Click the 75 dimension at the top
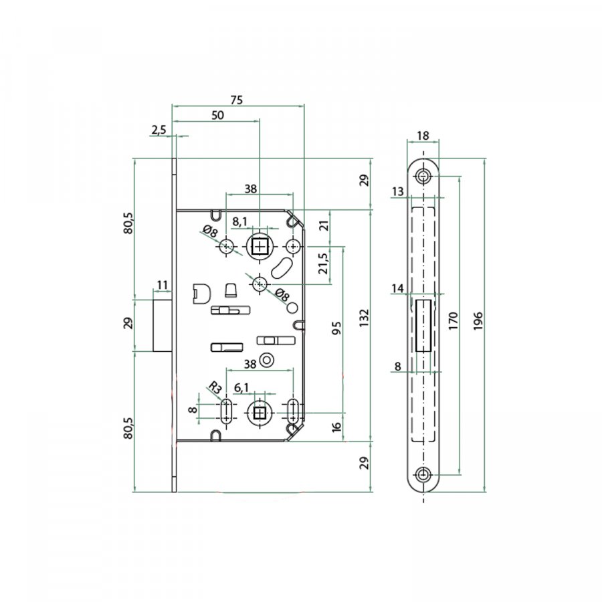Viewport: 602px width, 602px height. pos(237,100)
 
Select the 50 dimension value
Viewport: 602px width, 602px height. pos(217,115)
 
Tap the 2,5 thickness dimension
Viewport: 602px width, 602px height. pos(158,130)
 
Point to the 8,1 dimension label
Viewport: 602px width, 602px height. pos(240,222)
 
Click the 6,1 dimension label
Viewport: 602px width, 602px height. pos(241,388)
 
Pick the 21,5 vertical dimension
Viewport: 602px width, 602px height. pos(324,264)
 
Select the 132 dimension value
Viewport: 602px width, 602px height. pos(364,318)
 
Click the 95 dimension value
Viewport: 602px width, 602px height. pos(336,328)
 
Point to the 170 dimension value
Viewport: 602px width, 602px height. pos(453,321)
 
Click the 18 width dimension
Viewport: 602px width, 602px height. pos(422,136)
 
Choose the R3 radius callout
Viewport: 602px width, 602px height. pos(215,388)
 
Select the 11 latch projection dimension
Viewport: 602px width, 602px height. pos(162,285)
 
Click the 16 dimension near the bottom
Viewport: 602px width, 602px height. pos(336,427)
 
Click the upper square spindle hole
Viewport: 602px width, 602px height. pos(260,246)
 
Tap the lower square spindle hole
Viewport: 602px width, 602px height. pos(260,413)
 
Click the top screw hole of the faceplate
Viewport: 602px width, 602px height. pos(423,177)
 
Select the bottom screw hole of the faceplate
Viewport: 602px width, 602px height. pos(423,474)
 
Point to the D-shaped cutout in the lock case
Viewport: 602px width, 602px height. pos(201,294)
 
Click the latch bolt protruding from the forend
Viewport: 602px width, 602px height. pos(163,326)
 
